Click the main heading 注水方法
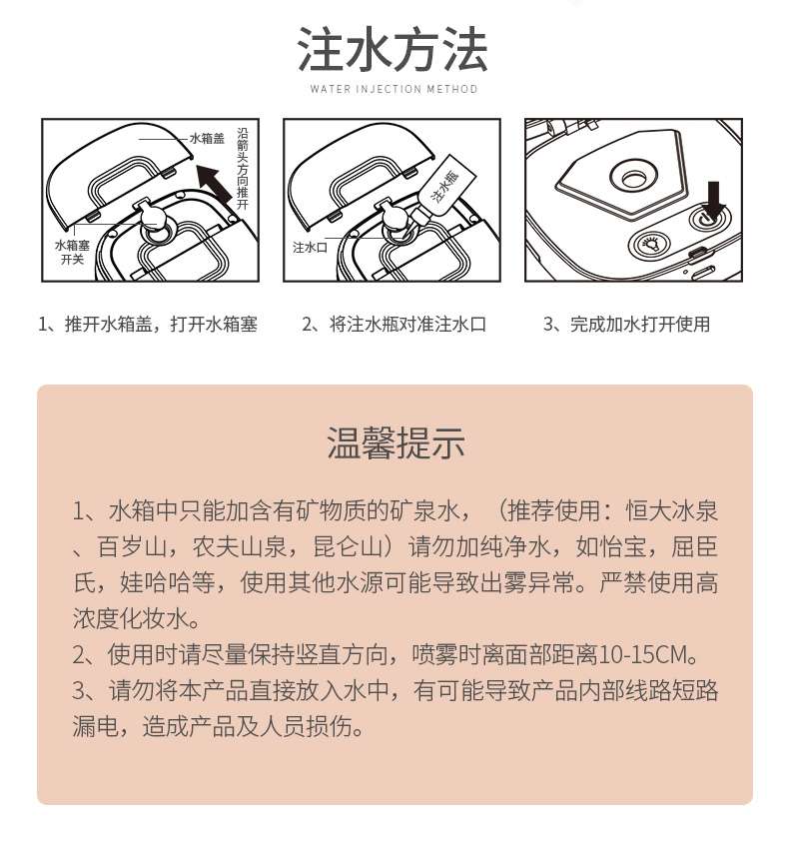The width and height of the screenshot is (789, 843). point(393,50)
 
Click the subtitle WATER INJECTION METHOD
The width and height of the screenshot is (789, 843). point(394,89)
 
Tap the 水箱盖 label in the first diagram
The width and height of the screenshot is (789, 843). point(207,138)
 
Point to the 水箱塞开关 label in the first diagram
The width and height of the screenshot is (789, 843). point(72,252)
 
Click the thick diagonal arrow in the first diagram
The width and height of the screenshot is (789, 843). point(214,185)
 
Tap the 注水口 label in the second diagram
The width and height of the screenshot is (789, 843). point(311,248)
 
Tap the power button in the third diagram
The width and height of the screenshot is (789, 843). point(709,219)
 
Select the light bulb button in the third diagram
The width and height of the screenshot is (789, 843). point(651,244)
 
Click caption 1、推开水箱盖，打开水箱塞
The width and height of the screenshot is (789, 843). point(148,325)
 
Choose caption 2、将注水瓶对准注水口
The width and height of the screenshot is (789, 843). point(394,325)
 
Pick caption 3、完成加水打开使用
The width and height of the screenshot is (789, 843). point(626,325)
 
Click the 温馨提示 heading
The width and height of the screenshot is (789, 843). point(395,443)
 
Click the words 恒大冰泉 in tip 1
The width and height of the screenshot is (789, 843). point(672,510)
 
